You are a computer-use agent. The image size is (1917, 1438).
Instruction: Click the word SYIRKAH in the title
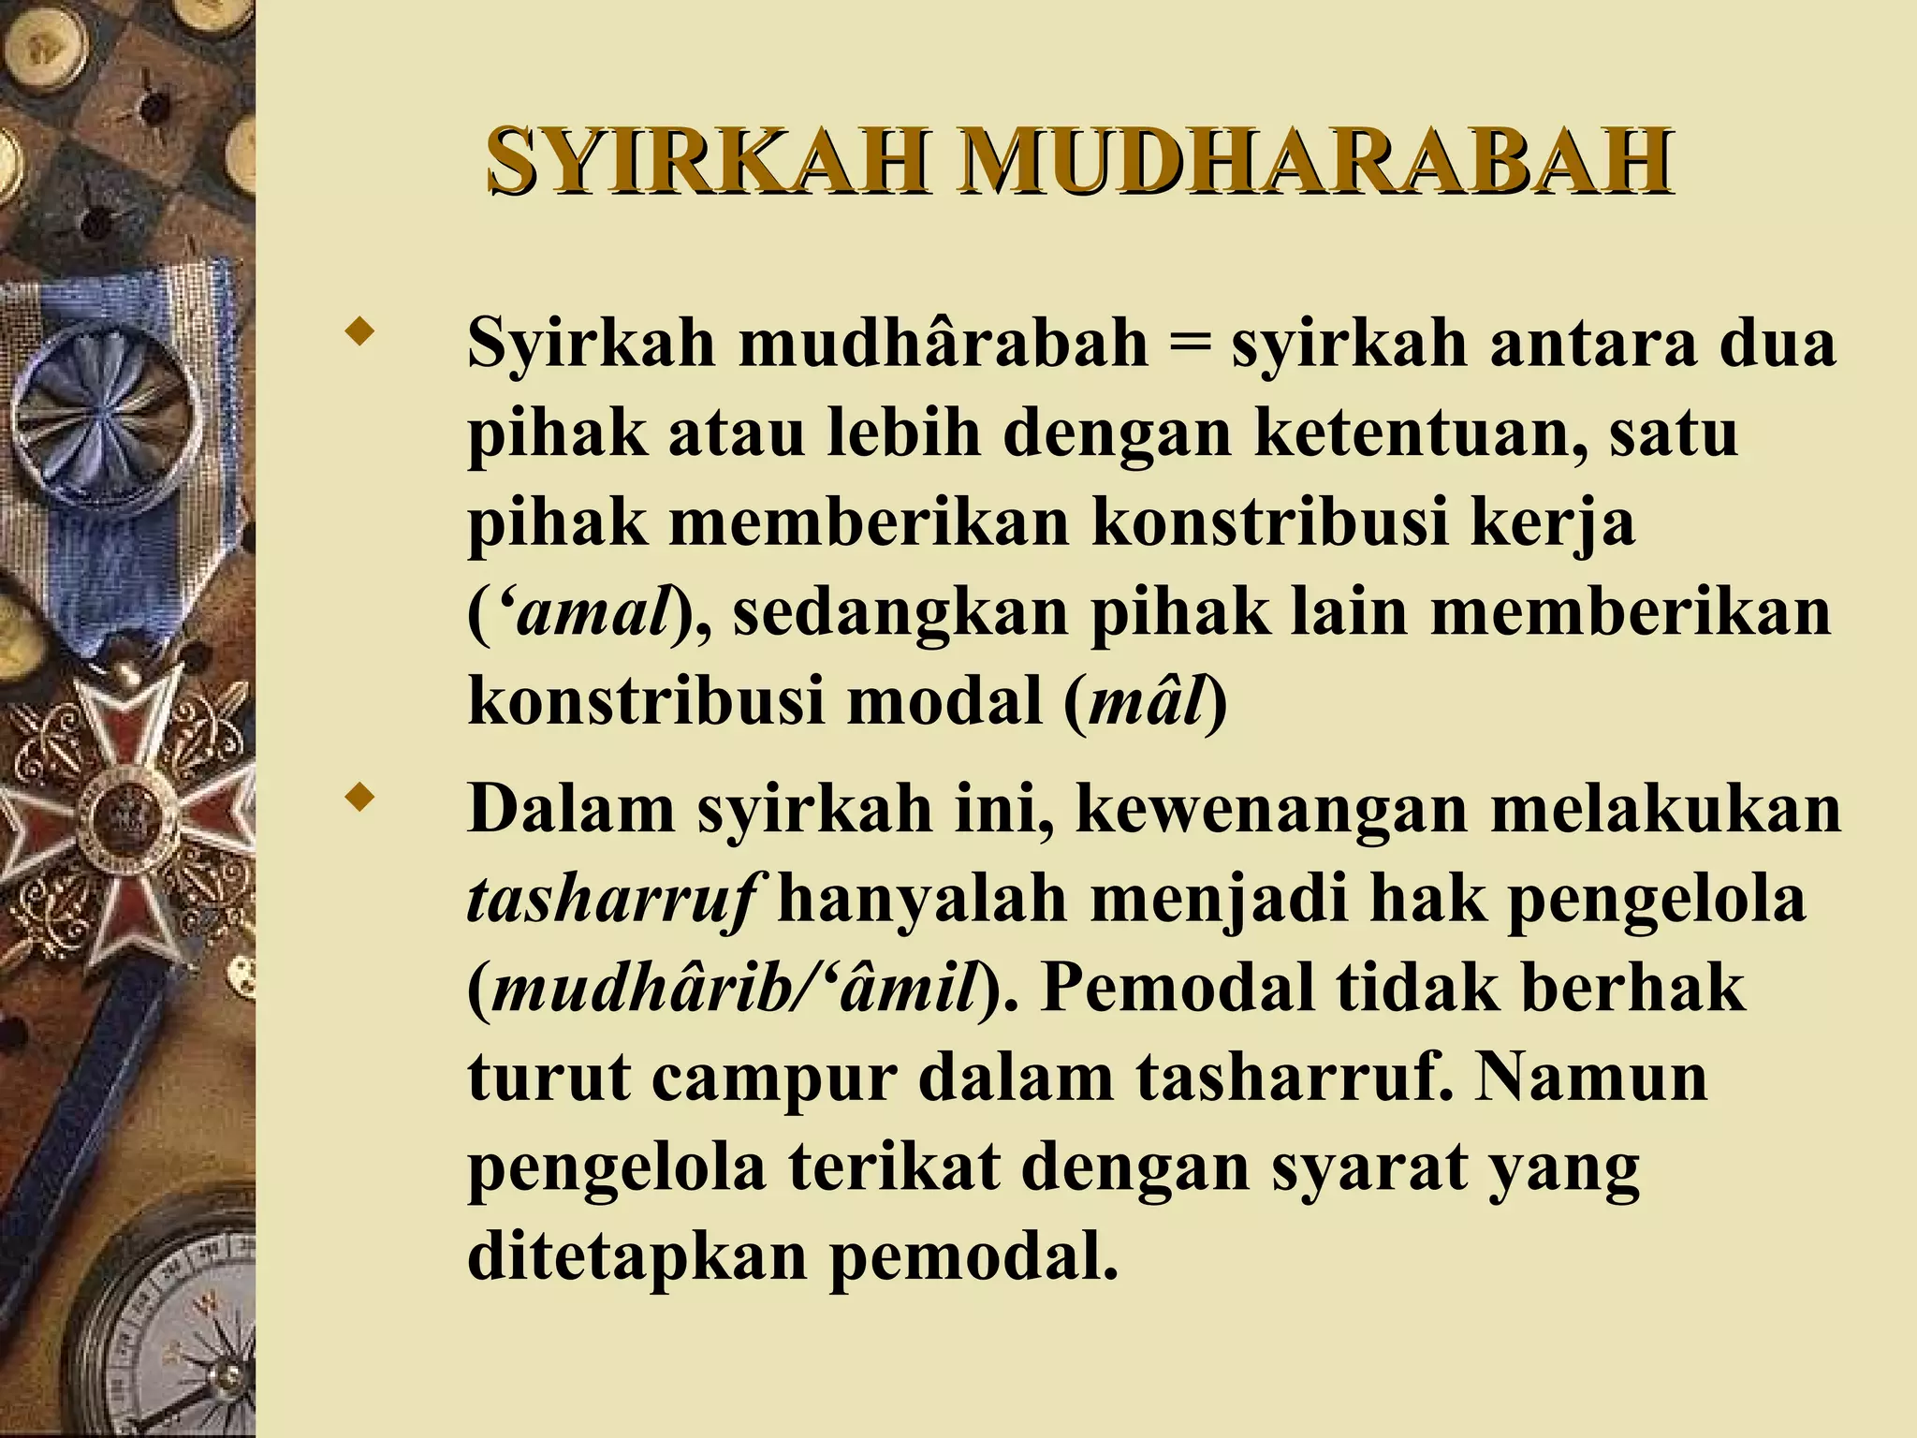(708, 160)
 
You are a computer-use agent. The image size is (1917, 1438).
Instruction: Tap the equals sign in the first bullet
(1189, 344)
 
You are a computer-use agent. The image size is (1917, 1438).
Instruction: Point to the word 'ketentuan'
(1418, 433)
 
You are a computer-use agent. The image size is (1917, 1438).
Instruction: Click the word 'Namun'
(1591, 1078)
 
